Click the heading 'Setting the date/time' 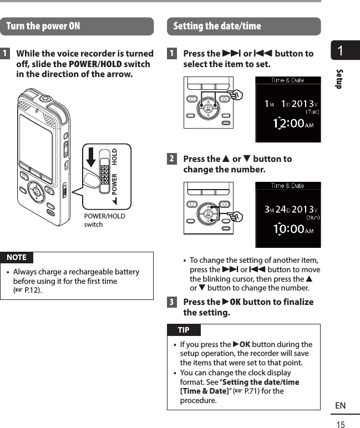pos(217,27)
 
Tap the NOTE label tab pos(17,257)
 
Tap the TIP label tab pos(183,330)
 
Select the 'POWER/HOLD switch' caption pos(104,220)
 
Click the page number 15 pos(340,425)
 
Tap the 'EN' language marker pos(340,406)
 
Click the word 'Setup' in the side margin pos(339,79)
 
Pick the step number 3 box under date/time pos(173,302)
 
